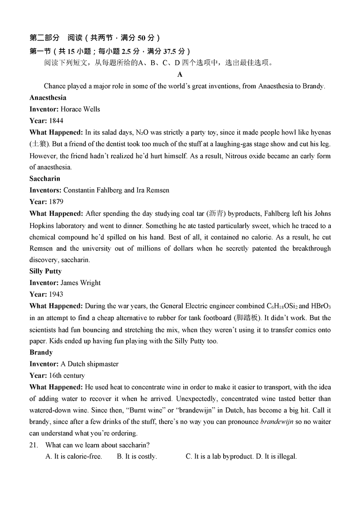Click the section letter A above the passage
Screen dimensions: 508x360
pyautogui.click(x=180, y=75)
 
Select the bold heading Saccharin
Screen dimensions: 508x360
pyautogui.click(x=45, y=178)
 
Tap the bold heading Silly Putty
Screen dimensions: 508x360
pyautogui.click(x=45, y=271)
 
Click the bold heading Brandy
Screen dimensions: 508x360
pyautogui.click(x=41, y=352)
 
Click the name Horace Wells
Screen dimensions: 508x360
pyautogui.click(x=80, y=109)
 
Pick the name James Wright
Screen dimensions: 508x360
pyautogui.click(x=80, y=283)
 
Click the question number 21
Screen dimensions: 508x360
pyautogui.click(x=34, y=445)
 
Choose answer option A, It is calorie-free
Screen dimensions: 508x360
pyautogui.click(x=74, y=457)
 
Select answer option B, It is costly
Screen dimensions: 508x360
pyautogui.click(x=137, y=457)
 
